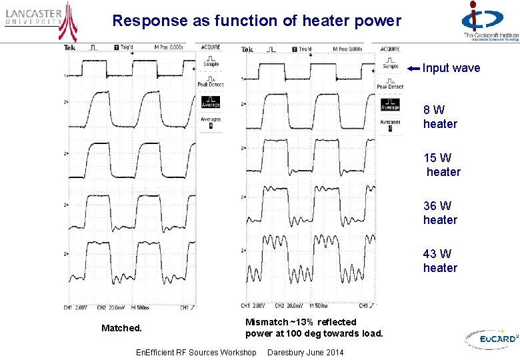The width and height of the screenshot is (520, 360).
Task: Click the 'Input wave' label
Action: click(x=451, y=68)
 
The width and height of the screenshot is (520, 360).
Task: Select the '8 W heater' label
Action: click(x=440, y=117)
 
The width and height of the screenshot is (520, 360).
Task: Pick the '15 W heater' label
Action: click(x=441, y=165)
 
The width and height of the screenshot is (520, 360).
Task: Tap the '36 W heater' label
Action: click(x=440, y=213)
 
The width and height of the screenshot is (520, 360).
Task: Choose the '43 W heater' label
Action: click(x=440, y=261)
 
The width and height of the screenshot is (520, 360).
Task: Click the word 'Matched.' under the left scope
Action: click(x=121, y=328)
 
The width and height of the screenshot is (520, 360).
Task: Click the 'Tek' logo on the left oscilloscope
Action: click(x=70, y=47)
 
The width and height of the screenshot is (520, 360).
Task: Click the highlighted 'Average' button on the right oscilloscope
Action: click(x=390, y=104)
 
